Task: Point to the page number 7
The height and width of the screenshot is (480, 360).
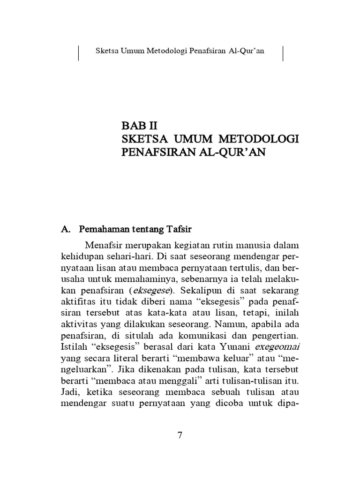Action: pyautogui.click(x=180, y=435)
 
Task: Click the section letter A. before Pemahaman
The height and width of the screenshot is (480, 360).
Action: pyautogui.click(x=66, y=230)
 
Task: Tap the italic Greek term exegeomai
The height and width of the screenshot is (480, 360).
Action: pyautogui.click(x=277, y=346)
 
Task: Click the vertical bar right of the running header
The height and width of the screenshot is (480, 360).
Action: pyautogui.click(x=283, y=53)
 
